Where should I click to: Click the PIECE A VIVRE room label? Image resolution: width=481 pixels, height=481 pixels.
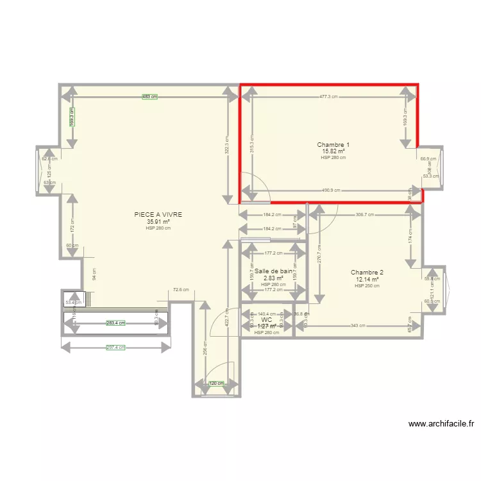(x=158, y=215)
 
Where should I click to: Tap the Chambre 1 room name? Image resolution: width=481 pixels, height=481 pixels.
(x=333, y=145)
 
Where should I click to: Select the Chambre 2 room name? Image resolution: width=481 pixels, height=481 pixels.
(x=367, y=273)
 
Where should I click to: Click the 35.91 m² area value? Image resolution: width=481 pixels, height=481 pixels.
(x=158, y=222)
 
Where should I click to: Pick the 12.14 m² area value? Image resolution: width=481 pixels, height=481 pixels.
(x=367, y=280)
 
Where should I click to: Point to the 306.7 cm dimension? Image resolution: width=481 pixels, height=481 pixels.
(x=365, y=215)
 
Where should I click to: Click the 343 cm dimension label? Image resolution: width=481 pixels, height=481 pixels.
(x=359, y=326)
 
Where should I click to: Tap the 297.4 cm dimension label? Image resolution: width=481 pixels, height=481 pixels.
(x=116, y=348)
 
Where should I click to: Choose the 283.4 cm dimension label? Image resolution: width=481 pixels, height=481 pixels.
(x=116, y=324)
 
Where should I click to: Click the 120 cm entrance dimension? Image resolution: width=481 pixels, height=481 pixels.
(x=217, y=384)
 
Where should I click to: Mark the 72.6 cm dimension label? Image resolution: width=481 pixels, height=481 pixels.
(x=181, y=290)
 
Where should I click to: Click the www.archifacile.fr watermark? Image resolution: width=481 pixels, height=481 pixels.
(x=442, y=424)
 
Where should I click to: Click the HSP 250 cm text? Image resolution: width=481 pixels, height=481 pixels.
(x=367, y=286)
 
